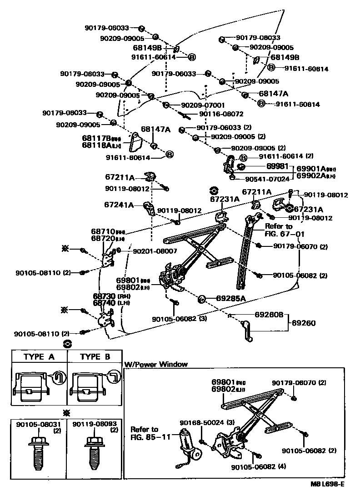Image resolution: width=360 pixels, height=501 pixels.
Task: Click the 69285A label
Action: tap(230, 299)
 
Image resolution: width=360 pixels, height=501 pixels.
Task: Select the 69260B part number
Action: tap(269, 314)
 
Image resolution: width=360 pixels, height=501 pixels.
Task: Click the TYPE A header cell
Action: tap(39, 357)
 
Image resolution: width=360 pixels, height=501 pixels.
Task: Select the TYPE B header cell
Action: tap(95, 357)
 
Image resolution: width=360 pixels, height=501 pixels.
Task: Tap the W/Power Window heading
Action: tap(155, 364)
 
